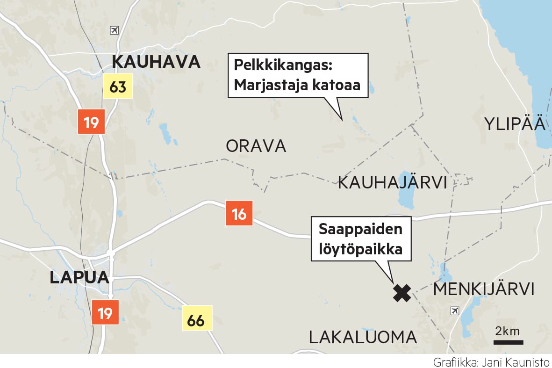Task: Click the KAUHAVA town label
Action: pos(156,62)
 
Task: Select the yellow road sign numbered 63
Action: pos(118,87)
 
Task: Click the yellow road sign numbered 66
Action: pos(197,320)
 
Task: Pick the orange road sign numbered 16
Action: pos(239,214)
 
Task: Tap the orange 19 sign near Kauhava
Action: pos(91,122)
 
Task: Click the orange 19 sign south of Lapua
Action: pos(105,312)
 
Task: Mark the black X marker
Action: pos(401,293)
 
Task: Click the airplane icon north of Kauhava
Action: pos(114,30)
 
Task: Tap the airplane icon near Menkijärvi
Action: pos(454,310)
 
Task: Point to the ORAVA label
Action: pos(256,146)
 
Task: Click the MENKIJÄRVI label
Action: pos(483,289)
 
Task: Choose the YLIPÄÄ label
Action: pos(515,124)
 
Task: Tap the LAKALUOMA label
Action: pos(363,337)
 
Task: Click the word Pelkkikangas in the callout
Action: pos(282,66)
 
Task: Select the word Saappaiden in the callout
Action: pos(360,230)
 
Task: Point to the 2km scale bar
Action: pos(507,342)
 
